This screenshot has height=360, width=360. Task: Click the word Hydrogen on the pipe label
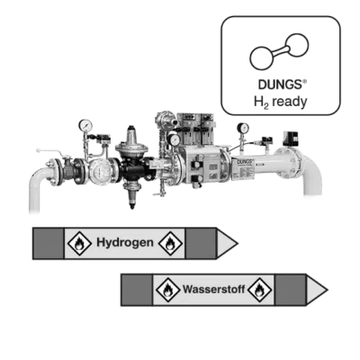125,242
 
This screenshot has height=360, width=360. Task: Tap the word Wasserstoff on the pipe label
214,289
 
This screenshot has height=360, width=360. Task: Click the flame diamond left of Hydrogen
79,243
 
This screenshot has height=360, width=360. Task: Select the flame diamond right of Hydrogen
170,243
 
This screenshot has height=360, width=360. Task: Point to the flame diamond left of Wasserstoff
168,290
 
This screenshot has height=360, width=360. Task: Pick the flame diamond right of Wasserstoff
260,290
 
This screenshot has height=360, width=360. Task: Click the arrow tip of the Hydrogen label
238,243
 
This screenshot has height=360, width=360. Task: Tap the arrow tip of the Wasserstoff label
328,290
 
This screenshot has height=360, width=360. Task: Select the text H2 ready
281,103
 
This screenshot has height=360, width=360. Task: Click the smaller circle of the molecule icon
297,46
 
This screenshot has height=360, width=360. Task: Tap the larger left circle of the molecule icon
262,58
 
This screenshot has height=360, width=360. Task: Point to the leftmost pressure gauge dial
85,125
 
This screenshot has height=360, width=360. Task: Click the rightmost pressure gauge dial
243,128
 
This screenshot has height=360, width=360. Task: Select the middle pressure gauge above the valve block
174,139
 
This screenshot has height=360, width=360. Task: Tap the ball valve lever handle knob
38,150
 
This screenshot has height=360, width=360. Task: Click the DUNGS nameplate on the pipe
243,169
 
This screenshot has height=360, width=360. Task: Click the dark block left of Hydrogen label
49,243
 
